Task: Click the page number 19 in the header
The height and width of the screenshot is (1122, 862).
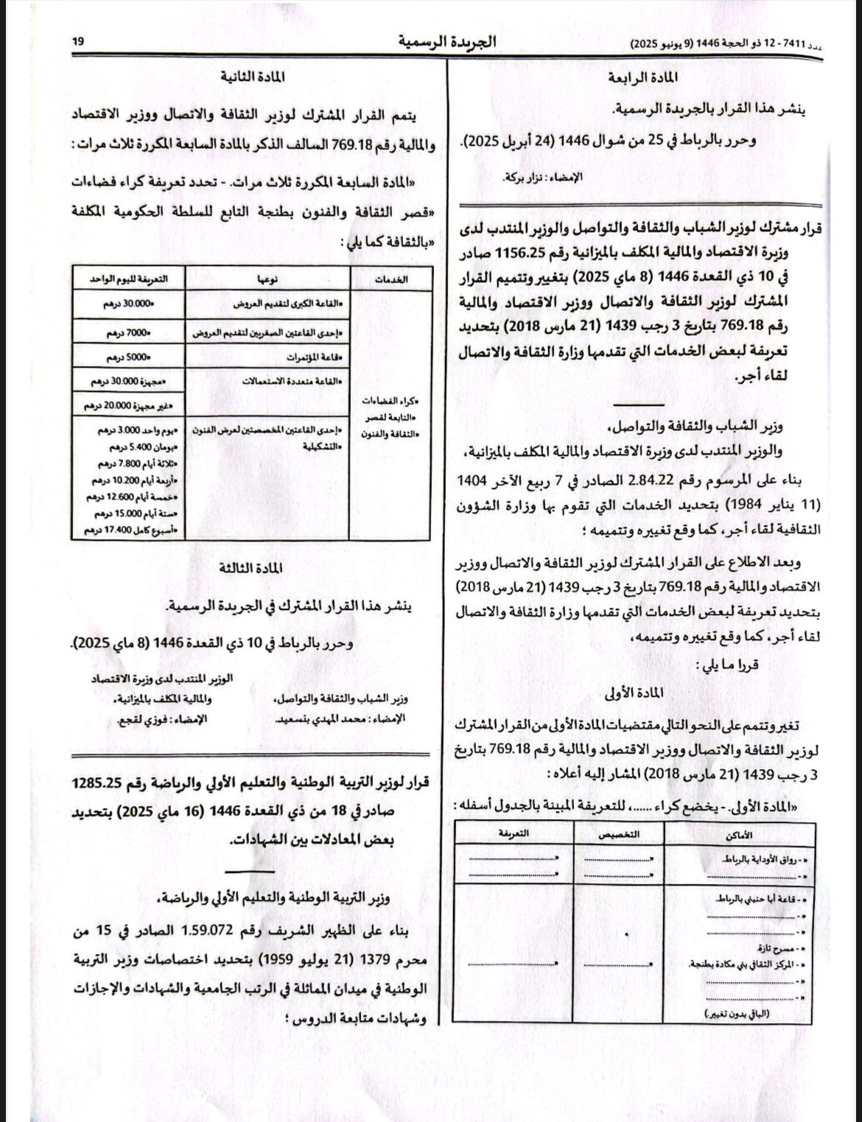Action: tap(77, 43)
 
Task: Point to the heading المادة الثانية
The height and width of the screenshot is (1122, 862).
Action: tap(252, 77)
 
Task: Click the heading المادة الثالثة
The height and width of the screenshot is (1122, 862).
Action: tap(251, 568)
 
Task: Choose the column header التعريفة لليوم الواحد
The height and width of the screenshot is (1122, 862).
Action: tap(127, 278)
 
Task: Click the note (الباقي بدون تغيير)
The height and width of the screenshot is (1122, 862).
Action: tap(737, 1014)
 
